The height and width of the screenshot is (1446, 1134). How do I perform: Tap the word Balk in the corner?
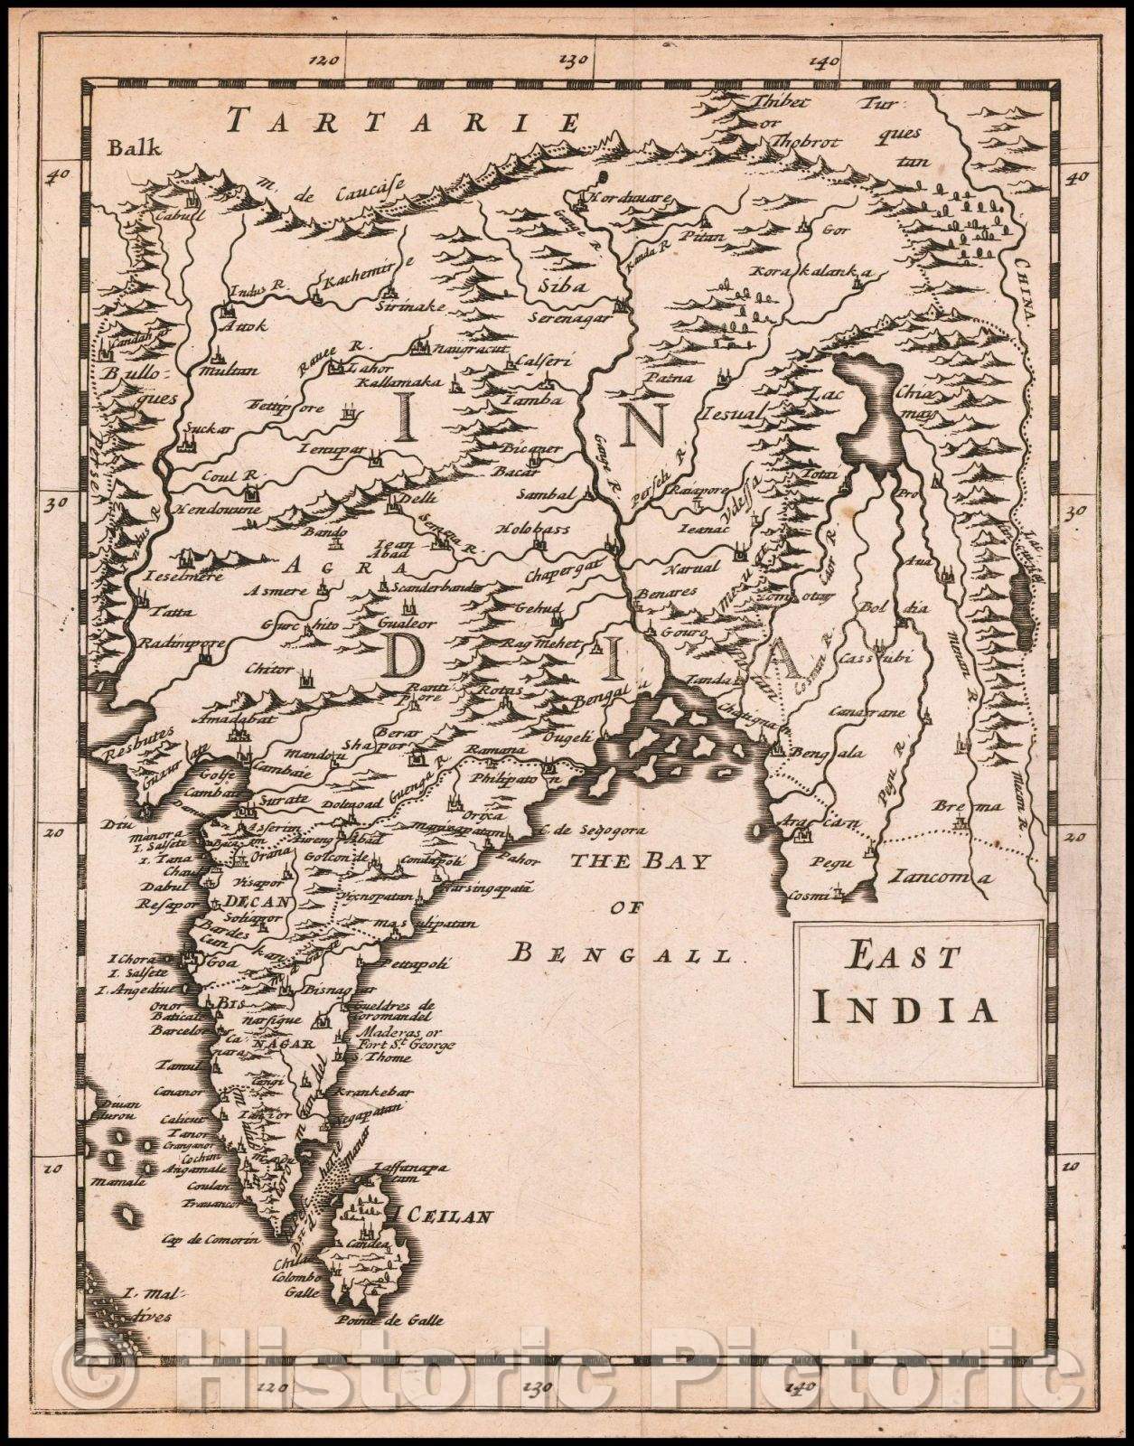click(132, 149)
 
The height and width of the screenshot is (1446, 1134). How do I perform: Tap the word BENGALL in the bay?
click(624, 952)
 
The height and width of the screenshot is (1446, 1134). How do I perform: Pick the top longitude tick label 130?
click(573, 61)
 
